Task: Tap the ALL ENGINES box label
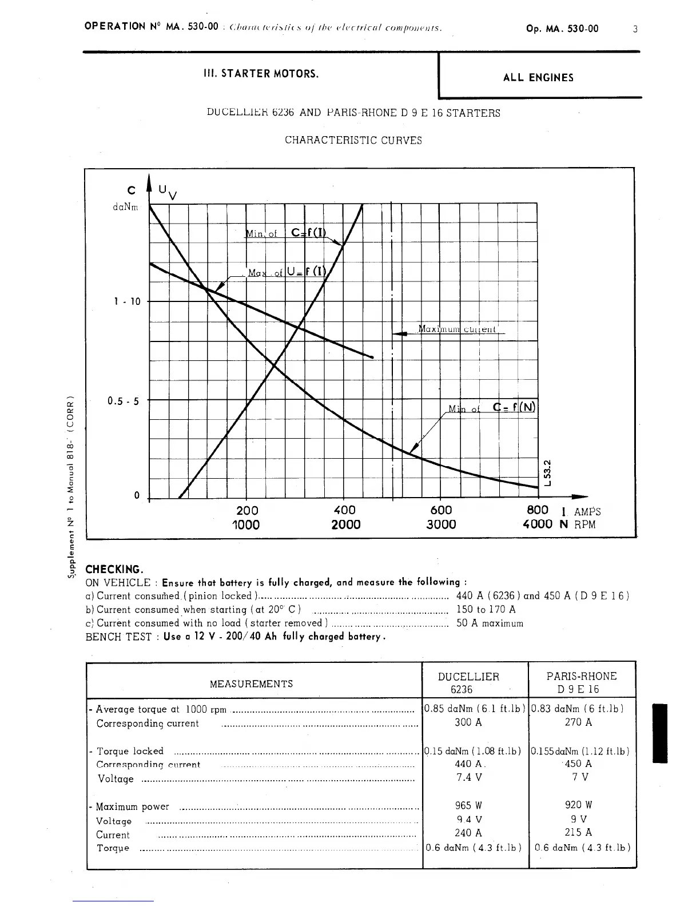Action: [538, 78]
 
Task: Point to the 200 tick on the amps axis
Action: [247, 510]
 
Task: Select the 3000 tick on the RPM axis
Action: [441, 524]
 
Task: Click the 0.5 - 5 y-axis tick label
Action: [122, 401]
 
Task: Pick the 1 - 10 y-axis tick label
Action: [126, 301]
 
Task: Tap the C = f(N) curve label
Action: [514, 407]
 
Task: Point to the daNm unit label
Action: [125, 208]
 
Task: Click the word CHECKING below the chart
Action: [113, 569]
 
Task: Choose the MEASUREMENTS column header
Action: [252, 684]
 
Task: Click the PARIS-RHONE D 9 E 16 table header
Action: [582, 682]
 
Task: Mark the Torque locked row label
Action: [130, 751]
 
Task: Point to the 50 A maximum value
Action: [490, 623]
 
